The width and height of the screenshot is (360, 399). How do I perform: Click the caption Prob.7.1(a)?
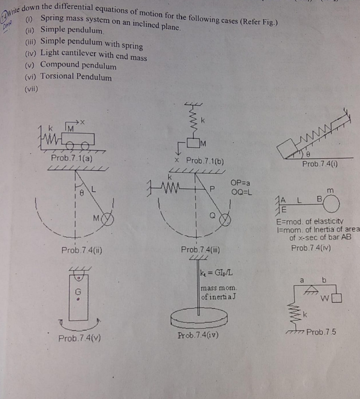tap(72, 158)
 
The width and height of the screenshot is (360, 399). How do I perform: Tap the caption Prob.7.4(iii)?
tap(200, 249)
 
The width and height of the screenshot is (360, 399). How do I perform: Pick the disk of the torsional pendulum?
tap(199, 318)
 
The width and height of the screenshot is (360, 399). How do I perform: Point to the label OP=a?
tap(240, 183)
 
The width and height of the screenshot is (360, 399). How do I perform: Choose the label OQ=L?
tap(241, 192)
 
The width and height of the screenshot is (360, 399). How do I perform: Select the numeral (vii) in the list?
tap(32, 89)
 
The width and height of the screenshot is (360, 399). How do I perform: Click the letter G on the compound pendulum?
tap(78, 291)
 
